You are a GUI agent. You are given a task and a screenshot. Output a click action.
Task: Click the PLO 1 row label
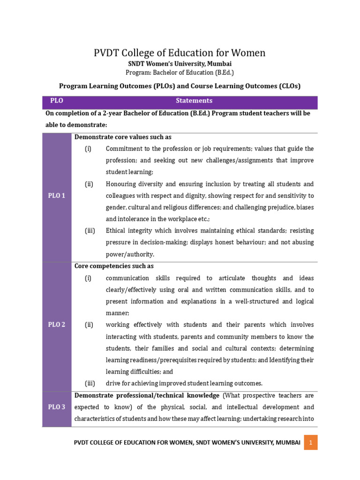(x=56, y=196)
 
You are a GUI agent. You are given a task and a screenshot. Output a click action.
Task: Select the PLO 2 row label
(x=56, y=325)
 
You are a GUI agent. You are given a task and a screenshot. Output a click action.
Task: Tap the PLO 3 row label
(x=56, y=407)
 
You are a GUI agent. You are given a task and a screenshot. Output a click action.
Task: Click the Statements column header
(x=194, y=101)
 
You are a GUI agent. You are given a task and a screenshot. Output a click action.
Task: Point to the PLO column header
(x=56, y=101)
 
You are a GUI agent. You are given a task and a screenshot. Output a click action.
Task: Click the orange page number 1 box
(x=310, y=442)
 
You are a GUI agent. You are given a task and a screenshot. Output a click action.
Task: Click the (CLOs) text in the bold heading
(x=287, y=86)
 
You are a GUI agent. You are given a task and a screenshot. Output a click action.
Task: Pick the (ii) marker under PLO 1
(x=89, y=184)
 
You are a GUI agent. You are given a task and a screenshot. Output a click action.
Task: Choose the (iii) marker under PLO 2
(x=90, y=383)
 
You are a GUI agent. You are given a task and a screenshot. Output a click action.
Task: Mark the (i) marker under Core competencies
(x=88, y=278)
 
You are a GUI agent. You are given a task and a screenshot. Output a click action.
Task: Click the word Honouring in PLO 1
(x=121, y=184)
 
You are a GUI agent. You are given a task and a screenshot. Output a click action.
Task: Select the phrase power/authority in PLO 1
(x=130, y=255)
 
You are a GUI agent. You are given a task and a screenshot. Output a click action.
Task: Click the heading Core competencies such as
(x=114, y=266)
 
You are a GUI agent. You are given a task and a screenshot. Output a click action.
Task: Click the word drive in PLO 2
(x=113, y=383)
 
